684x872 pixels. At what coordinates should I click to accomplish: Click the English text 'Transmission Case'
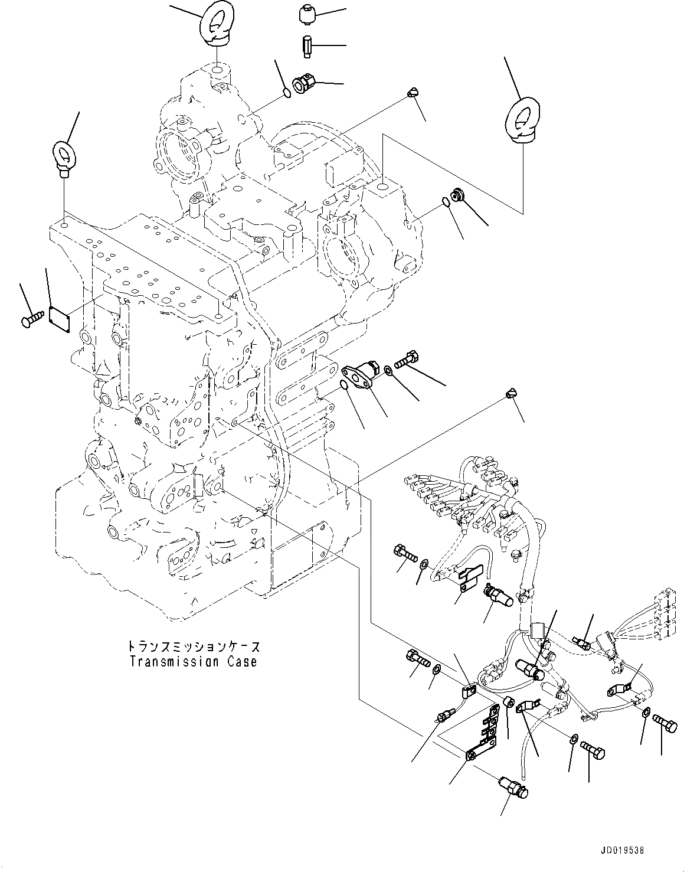193,661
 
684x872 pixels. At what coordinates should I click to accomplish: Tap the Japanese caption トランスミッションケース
193,648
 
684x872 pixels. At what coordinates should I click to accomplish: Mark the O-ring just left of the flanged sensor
343,386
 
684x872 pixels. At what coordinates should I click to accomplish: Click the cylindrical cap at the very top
305,14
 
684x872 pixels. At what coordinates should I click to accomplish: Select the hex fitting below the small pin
305,83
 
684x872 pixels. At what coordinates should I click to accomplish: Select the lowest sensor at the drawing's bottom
511,786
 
